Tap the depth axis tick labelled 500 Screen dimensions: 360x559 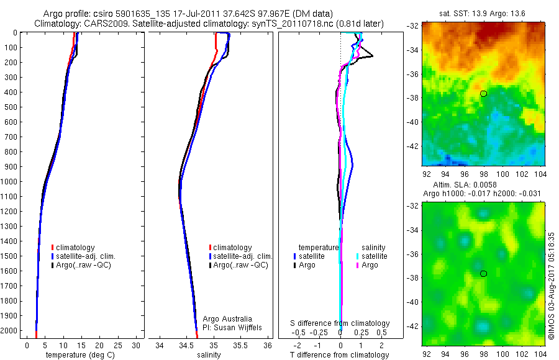coord(9,107)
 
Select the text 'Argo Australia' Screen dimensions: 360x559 coord(227,318)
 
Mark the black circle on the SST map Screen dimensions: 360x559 coord(483,93)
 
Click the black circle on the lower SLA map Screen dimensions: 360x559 coord(483,273)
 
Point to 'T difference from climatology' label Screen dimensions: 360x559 coord(340,355)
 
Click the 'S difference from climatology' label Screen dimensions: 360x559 coord(340,323)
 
